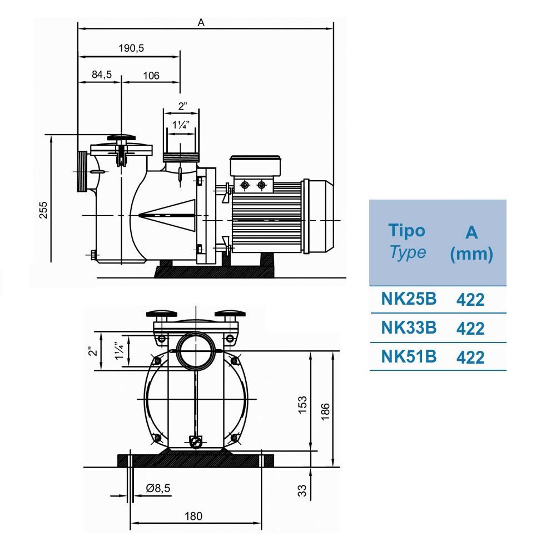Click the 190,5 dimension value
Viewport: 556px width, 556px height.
pos(131,48)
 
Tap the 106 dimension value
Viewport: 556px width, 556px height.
pos(151,75)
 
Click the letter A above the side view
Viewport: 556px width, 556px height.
pos(201,22)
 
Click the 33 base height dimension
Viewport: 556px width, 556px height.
pos(302,490)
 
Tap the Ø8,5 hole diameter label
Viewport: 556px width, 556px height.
pos(158,488)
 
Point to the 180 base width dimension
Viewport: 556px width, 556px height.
pos(193,516)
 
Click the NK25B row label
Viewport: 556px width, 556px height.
pos(409,299)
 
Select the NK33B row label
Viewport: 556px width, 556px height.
pos(409,328)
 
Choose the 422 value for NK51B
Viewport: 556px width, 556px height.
pos(470,357)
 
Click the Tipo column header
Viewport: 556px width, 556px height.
pos(407,231)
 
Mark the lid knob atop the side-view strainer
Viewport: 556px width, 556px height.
pos(121,137)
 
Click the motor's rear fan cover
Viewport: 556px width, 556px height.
pos(319,217)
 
